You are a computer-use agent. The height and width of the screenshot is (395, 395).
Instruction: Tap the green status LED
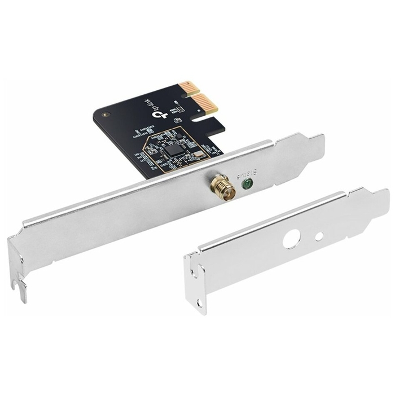246,184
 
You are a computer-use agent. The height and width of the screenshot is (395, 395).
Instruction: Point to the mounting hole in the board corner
104,114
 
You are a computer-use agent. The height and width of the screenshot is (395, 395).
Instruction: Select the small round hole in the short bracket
319,236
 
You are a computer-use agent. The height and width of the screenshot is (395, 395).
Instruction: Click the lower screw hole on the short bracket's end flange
199,303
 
